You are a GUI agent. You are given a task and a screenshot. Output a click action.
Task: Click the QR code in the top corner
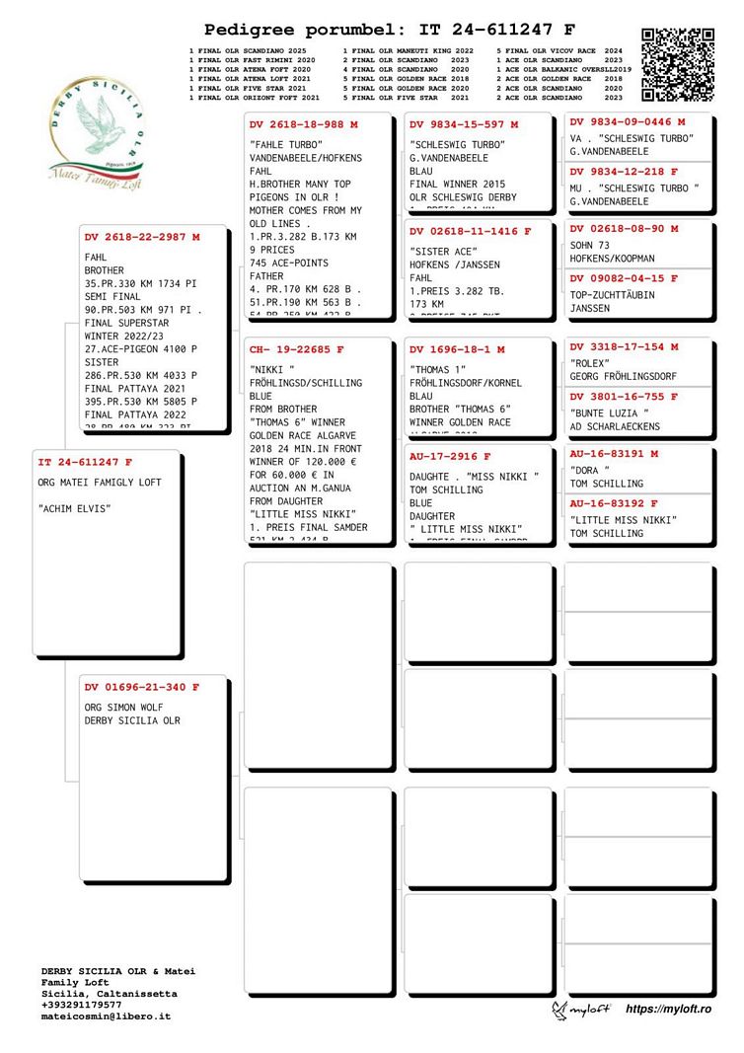point(678,65)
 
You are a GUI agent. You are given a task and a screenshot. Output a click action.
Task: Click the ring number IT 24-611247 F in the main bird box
point(85,462)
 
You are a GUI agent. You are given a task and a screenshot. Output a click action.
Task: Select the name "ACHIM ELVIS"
point(74,508)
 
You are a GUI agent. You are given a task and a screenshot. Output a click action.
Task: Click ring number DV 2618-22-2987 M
point(142,237)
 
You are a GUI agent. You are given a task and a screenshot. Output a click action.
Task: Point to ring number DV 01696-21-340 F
point(141,687)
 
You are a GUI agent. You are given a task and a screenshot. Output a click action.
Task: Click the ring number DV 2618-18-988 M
point(303,125)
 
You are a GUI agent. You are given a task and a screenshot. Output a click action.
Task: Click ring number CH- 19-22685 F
point(297,349)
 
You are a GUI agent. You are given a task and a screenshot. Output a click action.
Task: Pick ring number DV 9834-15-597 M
point(463,125)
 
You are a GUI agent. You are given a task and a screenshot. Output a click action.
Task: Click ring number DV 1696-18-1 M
point(457,349)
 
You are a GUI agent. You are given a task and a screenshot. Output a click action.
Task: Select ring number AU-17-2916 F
point(450,457)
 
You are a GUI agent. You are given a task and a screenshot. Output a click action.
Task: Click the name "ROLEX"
point(590,362)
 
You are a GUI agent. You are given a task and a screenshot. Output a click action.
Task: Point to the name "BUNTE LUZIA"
point(609,413)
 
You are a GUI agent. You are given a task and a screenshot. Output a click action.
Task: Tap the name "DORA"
point(590,470)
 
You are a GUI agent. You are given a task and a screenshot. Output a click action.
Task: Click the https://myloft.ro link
point(668,1008)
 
